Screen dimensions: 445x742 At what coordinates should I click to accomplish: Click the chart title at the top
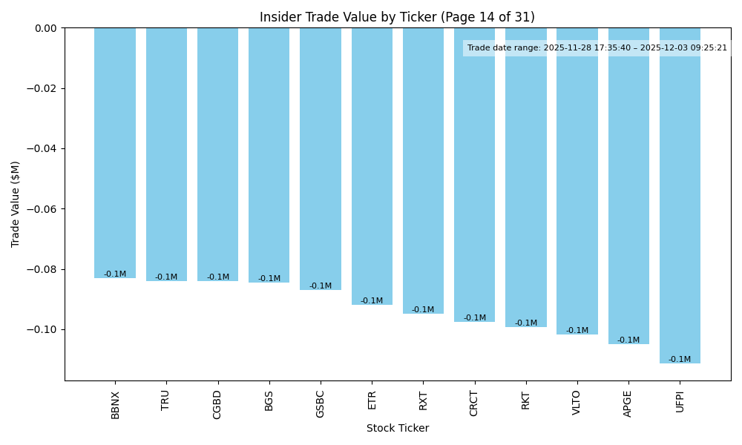[x=397, y=17]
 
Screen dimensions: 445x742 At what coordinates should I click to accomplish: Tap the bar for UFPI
[x=680, y=193]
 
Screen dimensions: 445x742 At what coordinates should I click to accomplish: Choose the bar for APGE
[x=628, y=185]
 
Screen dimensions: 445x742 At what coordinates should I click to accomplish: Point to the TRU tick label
[x=166, y=400]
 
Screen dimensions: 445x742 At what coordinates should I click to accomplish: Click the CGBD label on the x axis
[x=217, y=404]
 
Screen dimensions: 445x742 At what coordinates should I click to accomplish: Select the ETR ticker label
[x=372, y=400]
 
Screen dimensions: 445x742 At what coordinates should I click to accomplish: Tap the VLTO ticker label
[x=577, y=403]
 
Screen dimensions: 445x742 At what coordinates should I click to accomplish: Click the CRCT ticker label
[x=474, y=403]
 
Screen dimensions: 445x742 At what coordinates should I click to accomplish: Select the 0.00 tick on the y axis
[x=46, y=28]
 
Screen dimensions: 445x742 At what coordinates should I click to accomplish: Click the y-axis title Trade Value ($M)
[x=16, y=204]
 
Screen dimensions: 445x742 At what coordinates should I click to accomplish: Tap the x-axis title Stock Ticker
[x=397, y=429]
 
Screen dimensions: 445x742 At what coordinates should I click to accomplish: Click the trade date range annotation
[x=597, y=48]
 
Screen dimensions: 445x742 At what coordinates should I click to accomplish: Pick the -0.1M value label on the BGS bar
[x=269, y=279]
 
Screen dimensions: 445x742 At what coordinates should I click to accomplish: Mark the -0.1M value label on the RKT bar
[x=526, y=323]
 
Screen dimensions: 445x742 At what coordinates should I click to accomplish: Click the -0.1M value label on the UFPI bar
[x=680, y=360]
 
